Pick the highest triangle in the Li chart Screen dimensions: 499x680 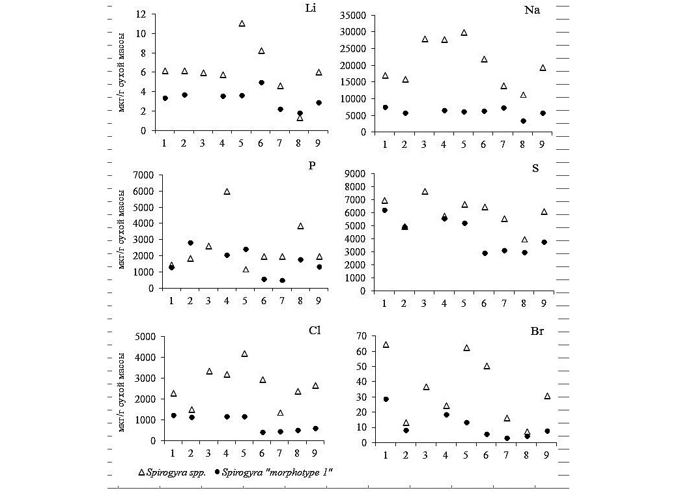(x=242, y=23)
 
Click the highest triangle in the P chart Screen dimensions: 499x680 (x=227, y=192)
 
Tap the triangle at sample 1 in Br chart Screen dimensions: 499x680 (x=386, y=345)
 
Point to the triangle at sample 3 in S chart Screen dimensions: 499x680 (x=425, y=192)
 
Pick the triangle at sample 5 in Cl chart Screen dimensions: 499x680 (x=245, y=354)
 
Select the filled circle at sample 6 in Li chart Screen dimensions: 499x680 (x=261, y=83)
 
